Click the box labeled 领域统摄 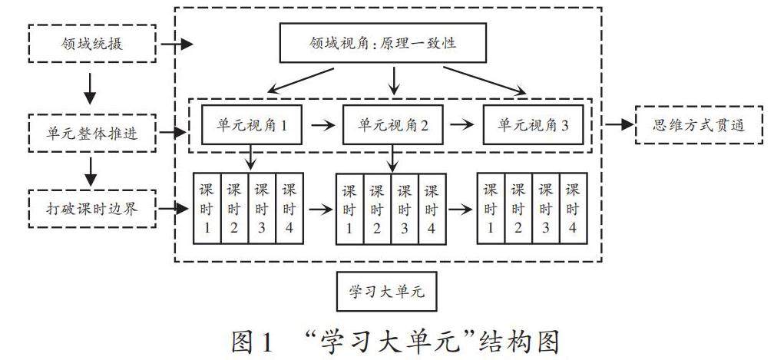coord(91,44)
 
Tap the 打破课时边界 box coord(91,207)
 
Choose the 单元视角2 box coord(393,126)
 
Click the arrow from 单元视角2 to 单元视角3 coord(464,126)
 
